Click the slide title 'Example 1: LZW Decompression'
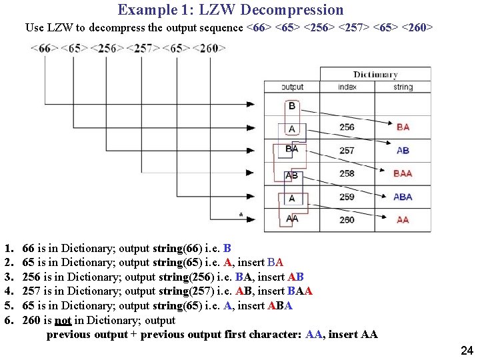(231, 10)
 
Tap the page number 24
(467, 351)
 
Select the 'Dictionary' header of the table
(375, 75)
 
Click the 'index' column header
(347, 87)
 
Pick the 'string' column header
(403, 87)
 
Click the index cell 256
(347, 127)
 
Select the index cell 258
(347, 173)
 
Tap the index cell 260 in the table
(347, 219)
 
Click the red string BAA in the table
(403, 173)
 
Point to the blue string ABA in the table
(403, 197)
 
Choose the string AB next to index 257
(403, 151)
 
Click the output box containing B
(292, 106)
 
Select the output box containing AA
(292, 219)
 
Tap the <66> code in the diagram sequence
(45, 49)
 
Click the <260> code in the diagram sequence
(209, 49)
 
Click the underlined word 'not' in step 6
(63, 320)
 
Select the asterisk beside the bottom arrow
(240, 215)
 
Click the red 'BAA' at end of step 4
(299, 291)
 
